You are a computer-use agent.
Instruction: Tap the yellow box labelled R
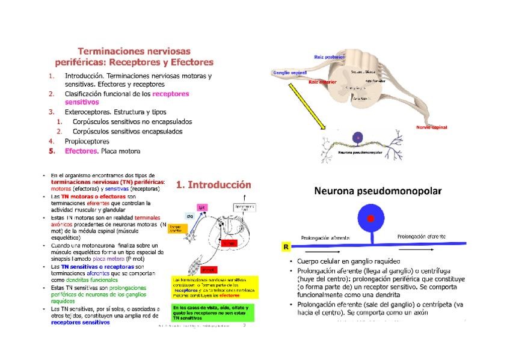tap(286, 247)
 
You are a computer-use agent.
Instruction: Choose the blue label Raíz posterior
tap(329, 56)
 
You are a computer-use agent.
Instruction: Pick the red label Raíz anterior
tap(322, 82)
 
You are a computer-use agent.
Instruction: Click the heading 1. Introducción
tap(213, 185)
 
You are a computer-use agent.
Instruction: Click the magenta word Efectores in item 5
tap(81, 151)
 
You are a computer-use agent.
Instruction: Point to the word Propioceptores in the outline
tap(87, 141)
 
